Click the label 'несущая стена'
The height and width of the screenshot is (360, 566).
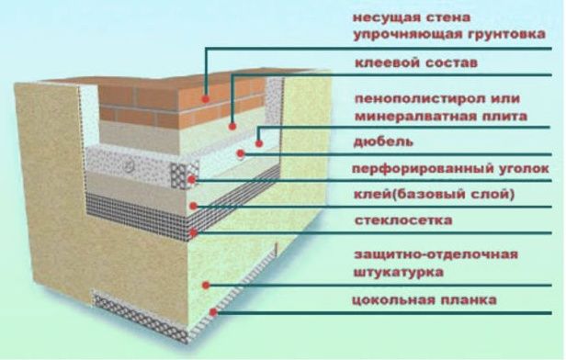click(411, 17)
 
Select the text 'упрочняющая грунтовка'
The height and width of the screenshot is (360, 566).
click(448, 35)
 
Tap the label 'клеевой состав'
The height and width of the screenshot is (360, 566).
click(416, 62)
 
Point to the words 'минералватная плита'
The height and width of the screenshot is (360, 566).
click(441, 116)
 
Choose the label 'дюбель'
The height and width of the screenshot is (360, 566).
click(383, 141)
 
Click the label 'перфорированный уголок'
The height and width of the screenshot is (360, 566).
click(450, 168)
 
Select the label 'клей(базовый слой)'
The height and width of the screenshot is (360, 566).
click(435, 195)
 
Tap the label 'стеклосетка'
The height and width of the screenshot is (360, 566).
click(403, 220)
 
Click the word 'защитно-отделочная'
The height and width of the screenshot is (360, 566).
click(436, 254)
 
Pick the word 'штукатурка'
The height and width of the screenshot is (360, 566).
click(399, 272)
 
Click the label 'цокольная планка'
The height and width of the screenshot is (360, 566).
click(424, 299)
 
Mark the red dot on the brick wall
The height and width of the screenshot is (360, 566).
click(206, 98)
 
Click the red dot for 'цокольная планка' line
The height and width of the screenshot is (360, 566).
click(214, 312)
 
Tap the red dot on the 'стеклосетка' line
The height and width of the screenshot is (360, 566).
click(194, 232)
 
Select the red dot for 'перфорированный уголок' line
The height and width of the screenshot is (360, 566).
click(192, 179)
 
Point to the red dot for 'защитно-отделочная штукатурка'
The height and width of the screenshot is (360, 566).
click(206, 286)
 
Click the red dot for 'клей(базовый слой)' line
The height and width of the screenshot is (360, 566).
click(194, 206)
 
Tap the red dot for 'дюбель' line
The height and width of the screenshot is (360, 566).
click(241, 153)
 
